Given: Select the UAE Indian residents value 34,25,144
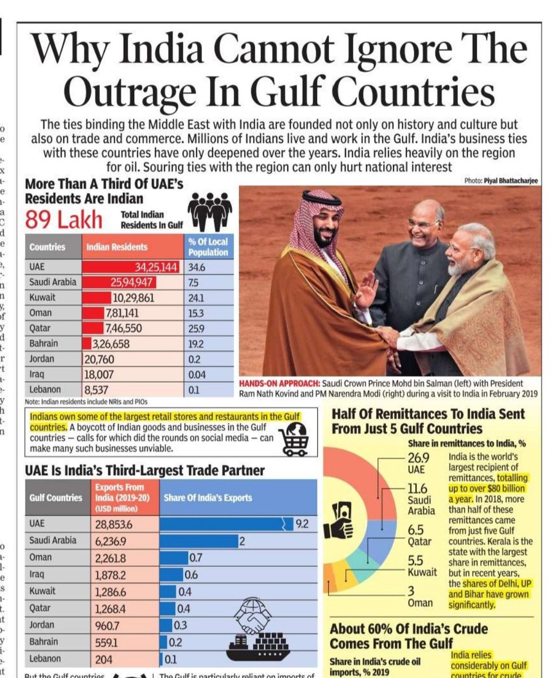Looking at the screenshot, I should (155, 267).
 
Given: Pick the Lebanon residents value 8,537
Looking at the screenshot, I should (96, 389).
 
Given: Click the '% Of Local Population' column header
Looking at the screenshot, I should (208, 247).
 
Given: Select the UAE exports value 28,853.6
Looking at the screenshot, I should (113, 524).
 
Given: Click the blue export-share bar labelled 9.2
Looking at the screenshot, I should (226, 524).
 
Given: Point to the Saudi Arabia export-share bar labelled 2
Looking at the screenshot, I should (198, 541).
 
